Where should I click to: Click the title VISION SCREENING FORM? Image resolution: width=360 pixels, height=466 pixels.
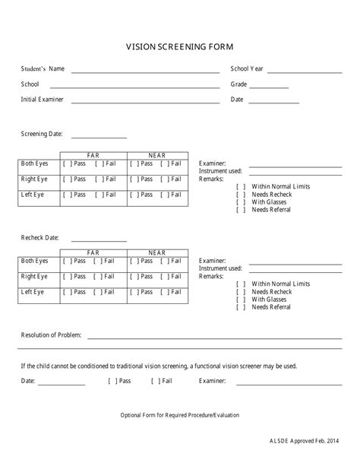[x=180, y=46]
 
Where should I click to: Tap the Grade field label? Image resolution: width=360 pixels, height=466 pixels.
[x=239, y=84]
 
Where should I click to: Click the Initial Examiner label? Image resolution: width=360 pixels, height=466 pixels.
[x=42, y=100]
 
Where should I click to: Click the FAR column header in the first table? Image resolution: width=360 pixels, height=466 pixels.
[x=93, y=155]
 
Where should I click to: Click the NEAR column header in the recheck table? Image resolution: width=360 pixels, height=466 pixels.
[x=157, y=252]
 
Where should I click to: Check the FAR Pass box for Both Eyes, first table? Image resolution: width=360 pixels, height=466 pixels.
[x=68, y=163]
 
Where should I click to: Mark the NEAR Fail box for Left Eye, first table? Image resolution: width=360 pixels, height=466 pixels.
[x=166, y=195]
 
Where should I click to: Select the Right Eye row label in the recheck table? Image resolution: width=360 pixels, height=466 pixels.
[x=34, y=277]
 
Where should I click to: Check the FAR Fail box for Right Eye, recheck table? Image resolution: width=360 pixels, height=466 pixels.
[x=99, y=277]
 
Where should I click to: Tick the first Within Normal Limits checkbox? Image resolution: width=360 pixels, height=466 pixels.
[x=241, y=186]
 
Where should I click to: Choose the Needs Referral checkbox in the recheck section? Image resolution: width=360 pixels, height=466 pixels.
[x=241, y=307]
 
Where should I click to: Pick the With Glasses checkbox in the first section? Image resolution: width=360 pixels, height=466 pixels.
[x=241, y=202]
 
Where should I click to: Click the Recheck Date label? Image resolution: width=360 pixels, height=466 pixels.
[x=39, y=237]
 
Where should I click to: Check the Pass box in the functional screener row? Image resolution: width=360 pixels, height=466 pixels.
[x=112, y=380]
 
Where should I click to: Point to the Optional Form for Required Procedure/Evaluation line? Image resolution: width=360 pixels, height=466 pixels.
[x=180, y=415]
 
